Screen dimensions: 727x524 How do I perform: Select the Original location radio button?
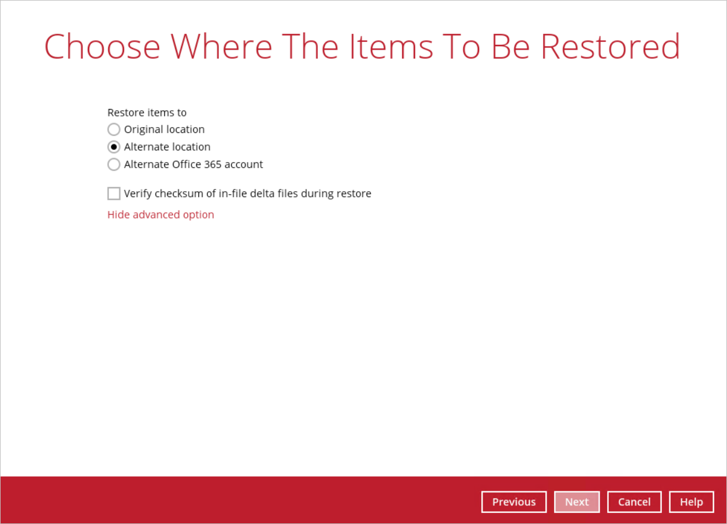click(x=114, y=129)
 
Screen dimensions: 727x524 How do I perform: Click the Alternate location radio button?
click(x=114, y=147)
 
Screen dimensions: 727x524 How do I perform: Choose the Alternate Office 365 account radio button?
click(x=114, y=164)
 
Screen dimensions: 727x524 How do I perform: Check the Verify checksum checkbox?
click(x=114, y=194)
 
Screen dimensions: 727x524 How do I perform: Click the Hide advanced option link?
click(x=161, y=215)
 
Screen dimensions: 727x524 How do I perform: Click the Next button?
click(x=577, y=502)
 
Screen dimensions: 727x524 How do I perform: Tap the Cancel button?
click(x=634, y=502)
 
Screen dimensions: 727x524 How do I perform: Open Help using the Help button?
click(x=691, y=502)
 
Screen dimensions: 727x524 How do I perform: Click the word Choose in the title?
click(x=102, y=47)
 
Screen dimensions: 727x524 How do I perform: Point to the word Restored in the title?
click(x=610, y=47)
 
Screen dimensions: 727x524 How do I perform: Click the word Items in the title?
click(x=391, y=47)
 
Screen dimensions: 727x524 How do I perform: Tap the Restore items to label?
click(x=147, y=112)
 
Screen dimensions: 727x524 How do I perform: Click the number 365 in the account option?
click(x=212, y=164)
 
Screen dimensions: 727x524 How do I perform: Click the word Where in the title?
click(x=221, y=47)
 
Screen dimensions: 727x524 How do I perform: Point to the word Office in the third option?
click(x=187, y=164)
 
